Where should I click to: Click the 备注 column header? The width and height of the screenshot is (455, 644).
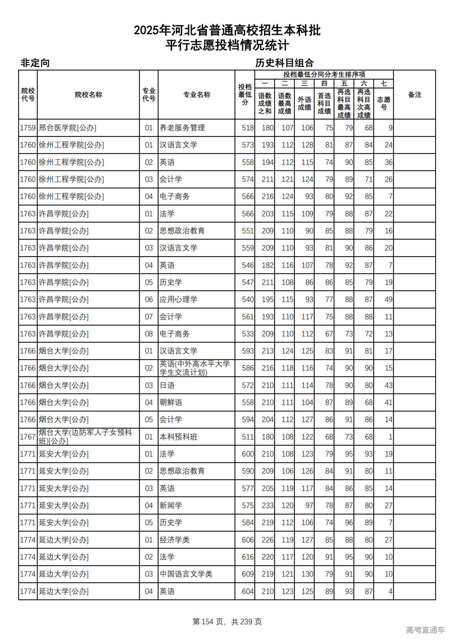[x=414, y=95]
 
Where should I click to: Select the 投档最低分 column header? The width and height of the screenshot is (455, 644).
[x=245, y=95]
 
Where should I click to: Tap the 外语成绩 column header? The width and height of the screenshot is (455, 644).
[x=304, y=103]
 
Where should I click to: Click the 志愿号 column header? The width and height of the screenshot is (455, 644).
[x=384, y=103]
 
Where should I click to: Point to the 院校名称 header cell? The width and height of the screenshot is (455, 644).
[x=89, y=95]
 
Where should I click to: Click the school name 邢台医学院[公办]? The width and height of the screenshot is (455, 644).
[x=68, y=128]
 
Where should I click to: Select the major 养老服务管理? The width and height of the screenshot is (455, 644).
[x=182, y=128]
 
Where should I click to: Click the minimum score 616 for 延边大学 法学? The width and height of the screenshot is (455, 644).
[x=248, y=557]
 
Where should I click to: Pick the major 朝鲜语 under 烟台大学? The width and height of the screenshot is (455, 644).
[x=171, y=402]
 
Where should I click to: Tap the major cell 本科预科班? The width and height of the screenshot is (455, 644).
[x=178, y=437]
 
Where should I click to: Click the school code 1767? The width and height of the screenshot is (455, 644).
[x=28, y=437]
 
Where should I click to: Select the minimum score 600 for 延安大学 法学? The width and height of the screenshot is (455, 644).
[x=248, y=454]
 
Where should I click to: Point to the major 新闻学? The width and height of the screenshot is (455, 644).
[x=171, y=505]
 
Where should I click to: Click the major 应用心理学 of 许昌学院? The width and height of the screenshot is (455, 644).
[x=178, y=300]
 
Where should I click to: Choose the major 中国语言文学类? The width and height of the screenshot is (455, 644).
[x=186, y=574]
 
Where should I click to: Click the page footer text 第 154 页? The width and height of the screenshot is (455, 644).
[x=208, y=622]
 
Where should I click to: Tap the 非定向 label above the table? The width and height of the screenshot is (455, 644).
[x=35, y=63]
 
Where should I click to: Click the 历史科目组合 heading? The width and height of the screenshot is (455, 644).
[x=284, y=63]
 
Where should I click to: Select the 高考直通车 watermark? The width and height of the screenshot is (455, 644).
[x=425, y=630]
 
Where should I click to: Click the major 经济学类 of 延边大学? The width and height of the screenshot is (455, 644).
[x=175, y=540]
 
